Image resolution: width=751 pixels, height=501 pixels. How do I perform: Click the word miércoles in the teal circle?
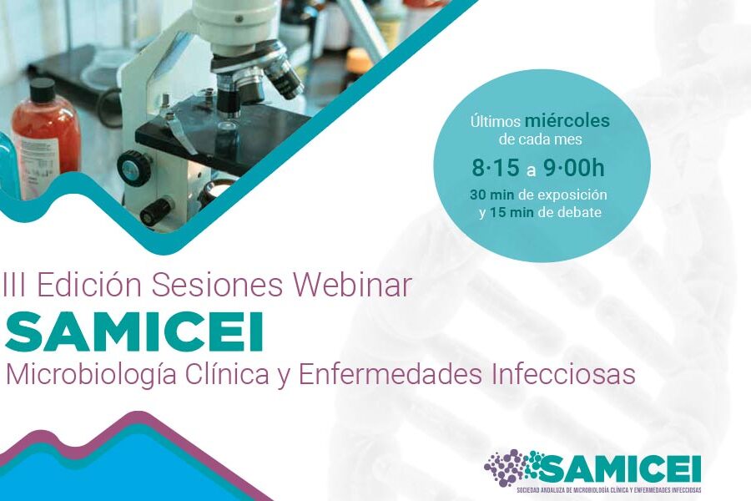(567, 120)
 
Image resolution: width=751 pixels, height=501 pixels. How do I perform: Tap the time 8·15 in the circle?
(495, 168)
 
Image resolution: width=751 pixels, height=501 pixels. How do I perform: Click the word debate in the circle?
(578, 212)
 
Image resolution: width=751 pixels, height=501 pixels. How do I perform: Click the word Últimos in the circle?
(495, 121)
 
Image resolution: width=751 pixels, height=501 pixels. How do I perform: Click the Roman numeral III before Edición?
(15, 286)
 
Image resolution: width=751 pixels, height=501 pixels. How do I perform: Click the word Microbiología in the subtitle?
(92, 375)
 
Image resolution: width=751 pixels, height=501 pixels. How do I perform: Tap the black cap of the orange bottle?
(42, 91)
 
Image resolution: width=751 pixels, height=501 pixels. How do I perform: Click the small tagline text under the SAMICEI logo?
(609, 489)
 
